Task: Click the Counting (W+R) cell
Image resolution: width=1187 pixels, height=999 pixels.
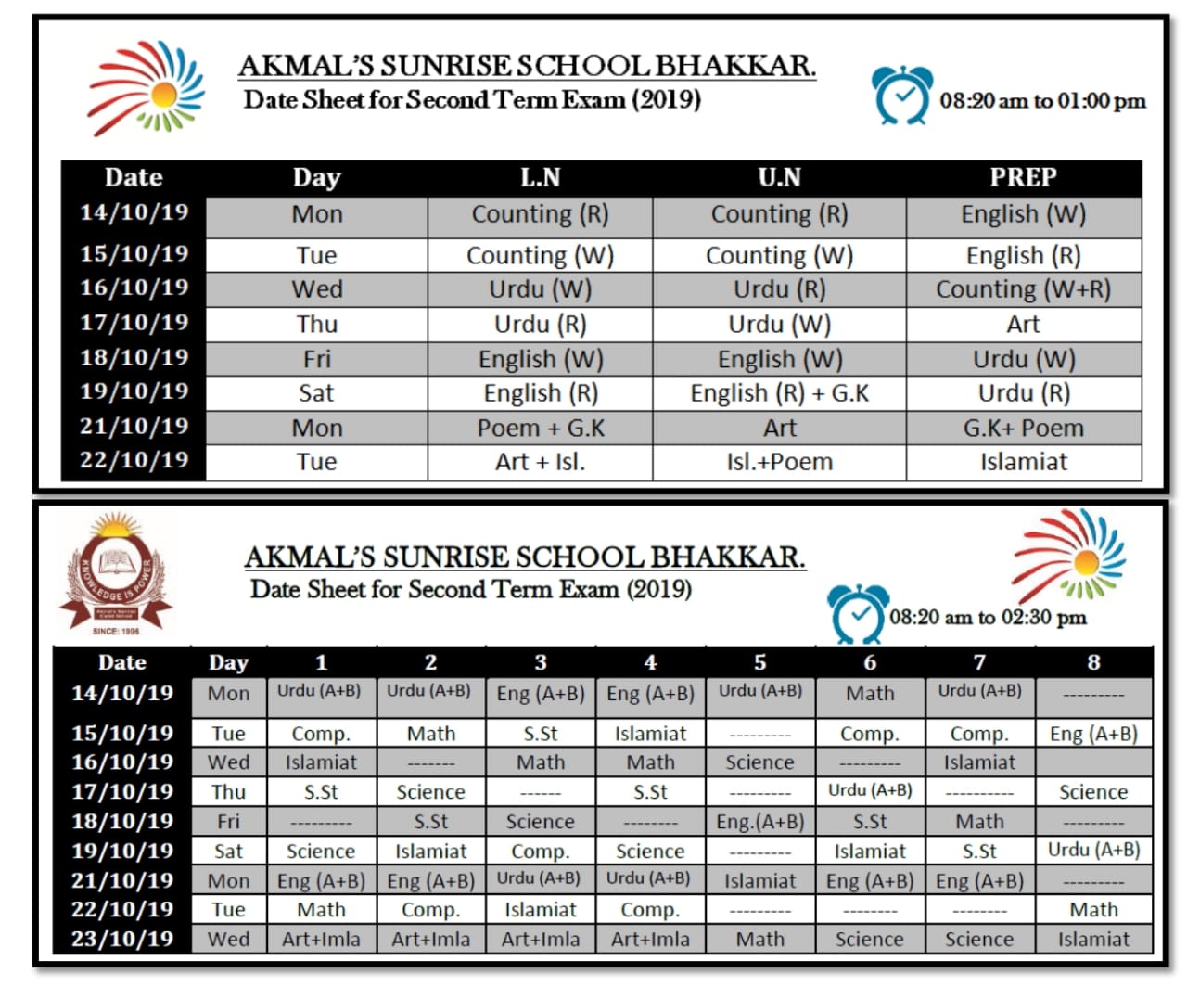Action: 1023,289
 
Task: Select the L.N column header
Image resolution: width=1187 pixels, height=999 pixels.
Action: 540,177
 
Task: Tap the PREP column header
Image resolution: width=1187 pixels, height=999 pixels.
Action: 1023,177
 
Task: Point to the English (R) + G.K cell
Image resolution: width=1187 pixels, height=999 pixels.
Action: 779,393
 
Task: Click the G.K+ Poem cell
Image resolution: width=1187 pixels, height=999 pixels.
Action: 1023,428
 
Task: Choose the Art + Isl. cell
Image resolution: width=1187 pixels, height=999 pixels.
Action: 540,462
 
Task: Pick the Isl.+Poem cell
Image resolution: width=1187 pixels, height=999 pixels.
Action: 779,462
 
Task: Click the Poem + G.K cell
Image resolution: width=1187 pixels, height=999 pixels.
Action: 540,428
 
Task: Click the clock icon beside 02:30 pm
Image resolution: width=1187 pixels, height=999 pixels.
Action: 857,613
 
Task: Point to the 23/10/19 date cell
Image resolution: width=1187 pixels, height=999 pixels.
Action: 122,939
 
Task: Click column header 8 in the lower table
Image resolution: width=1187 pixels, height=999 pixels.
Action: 1093,662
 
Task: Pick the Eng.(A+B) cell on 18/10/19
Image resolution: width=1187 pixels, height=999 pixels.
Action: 759,822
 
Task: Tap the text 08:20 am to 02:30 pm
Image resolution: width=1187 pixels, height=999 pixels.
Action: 988,618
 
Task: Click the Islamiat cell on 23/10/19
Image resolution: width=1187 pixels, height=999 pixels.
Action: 1093,940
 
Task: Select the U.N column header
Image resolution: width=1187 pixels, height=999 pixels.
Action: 779,177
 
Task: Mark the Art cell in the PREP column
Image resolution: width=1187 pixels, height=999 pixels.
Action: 1023,325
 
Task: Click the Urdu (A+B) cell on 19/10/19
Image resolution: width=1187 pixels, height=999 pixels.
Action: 1093,850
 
